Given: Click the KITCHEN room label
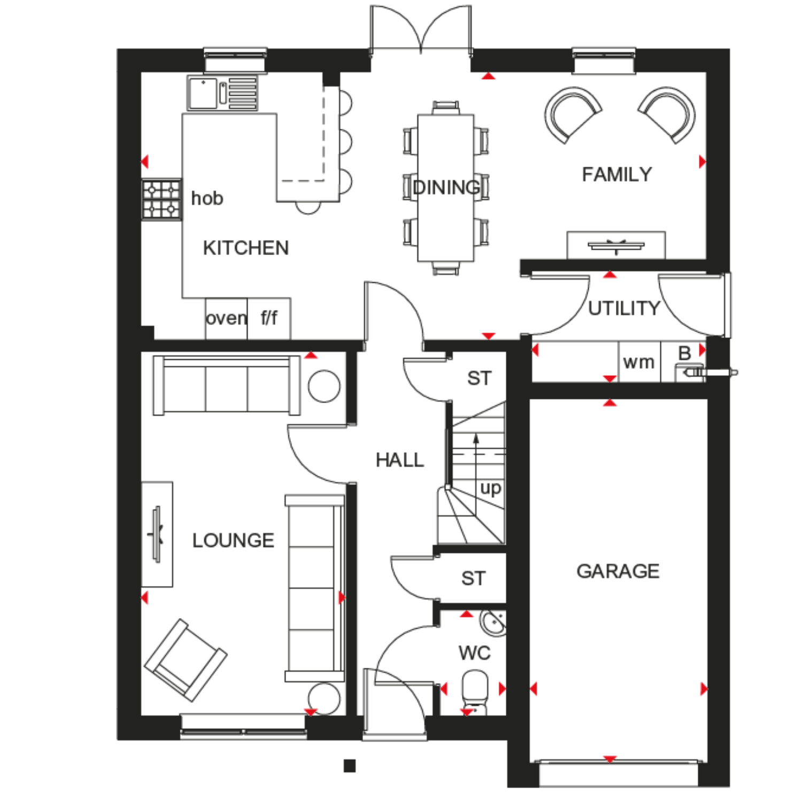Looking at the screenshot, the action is click(246, 248).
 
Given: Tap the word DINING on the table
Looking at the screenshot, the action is click(447, 187).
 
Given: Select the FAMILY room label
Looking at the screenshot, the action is click(617, 174).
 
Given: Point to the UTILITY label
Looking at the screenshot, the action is click(624, 309).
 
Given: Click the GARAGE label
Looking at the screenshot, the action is click(618, 571).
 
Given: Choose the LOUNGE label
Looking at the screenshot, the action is click(233, 541).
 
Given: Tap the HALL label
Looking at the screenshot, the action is click(400, 460).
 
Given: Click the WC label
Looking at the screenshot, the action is click(474, 653).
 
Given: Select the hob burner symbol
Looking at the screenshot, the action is click(161, 199).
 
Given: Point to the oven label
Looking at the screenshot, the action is click(226, 318).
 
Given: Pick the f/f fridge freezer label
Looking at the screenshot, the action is click(269, 318).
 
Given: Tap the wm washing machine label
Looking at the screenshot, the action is click(639, 363).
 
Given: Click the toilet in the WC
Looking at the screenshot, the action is click(474, 692).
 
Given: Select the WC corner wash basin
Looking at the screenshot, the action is click(493, 623).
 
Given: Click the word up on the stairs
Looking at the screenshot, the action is click(490, 489).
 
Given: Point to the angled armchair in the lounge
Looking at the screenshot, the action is click(186, 660).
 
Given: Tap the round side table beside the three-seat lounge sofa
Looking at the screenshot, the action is click(324, 387).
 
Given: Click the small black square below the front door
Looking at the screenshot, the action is click(350, 766).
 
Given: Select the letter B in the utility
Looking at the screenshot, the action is click(684, 353).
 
